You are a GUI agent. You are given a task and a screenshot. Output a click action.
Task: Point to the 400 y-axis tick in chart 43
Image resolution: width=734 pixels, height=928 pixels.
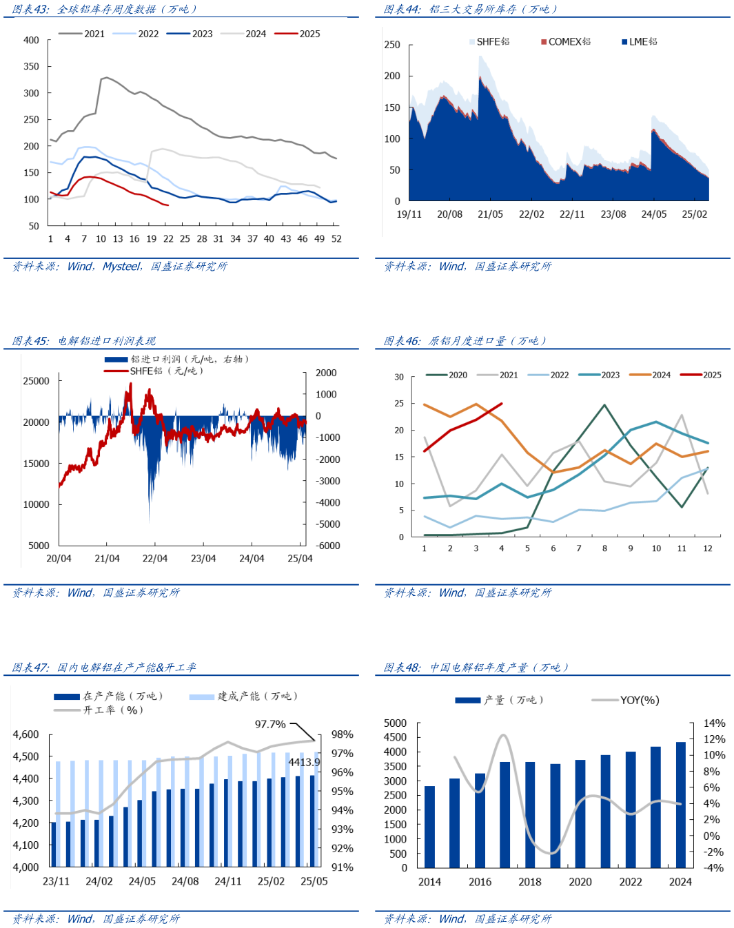31,40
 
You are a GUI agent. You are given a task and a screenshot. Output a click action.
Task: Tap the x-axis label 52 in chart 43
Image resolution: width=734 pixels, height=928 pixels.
336,238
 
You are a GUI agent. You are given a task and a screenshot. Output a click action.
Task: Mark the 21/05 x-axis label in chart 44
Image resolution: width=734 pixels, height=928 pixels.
490,214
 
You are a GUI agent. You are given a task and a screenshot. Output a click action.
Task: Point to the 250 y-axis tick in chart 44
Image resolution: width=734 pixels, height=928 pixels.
392,45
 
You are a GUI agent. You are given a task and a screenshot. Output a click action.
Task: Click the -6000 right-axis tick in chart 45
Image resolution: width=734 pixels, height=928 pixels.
327,546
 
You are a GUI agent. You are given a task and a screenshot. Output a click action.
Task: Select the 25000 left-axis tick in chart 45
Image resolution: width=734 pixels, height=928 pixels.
36,381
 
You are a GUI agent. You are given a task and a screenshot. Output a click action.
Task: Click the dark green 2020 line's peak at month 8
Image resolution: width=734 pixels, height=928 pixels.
604,405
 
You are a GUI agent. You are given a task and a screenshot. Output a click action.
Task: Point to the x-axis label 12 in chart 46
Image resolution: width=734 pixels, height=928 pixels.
708,548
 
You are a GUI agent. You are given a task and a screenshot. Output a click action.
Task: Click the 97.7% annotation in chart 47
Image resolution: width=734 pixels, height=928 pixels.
270,724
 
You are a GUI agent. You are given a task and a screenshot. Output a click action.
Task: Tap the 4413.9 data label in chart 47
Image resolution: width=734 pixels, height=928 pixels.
304,762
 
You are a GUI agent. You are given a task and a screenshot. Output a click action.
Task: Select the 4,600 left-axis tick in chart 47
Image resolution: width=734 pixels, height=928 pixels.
26,734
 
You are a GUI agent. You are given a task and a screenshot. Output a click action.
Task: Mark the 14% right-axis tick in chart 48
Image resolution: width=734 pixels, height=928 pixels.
714,723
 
